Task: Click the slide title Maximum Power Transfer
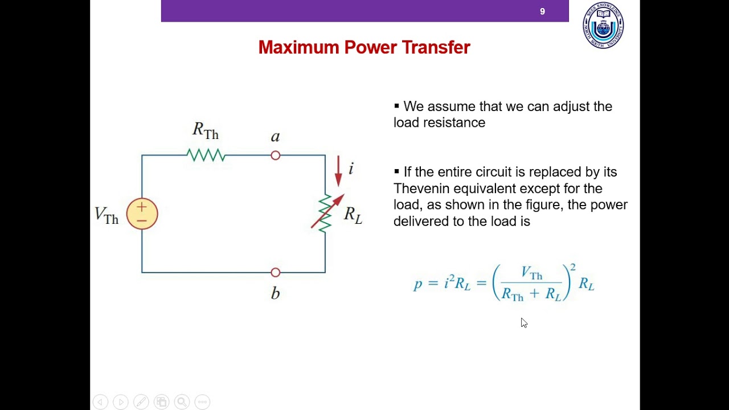(x=364, y=47)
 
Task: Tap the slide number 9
(x=542, y=11)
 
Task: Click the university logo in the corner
(x=603, y=26)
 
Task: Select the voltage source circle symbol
(x=142, y=214)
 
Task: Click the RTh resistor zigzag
(x=206, y=155)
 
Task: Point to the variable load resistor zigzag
(x=325, y=213)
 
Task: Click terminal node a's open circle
(x=276, y=155)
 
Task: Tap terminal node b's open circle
(x=276, y=272)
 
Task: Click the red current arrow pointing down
(x=338, y=171)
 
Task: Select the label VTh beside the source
(x=107, y=215)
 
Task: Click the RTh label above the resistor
(x=206, y=131)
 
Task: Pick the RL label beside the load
(x=353, y=215)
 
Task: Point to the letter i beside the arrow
(x=351, y=169)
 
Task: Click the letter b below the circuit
(x=276, y=293)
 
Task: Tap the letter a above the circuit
(x=276, y=137)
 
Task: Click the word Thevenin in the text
(x=419, y=188)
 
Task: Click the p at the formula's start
(x=418, y=284)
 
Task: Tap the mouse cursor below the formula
(x=523, y=322)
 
